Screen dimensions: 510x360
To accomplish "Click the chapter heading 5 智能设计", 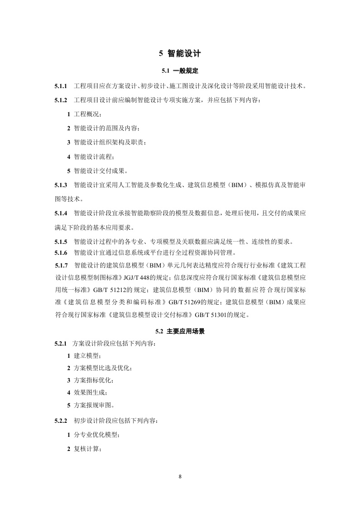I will point(180,54).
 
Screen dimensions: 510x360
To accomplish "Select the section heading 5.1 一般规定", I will point(180,71).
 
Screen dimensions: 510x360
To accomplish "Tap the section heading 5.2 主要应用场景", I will point(180,332).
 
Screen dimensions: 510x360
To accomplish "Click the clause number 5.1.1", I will point(60,86).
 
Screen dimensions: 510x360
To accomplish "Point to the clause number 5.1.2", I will point(60,100).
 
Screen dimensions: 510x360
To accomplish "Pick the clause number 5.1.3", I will point(60,185).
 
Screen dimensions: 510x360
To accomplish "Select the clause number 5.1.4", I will point(60,213).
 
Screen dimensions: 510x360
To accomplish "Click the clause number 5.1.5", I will point(60,242).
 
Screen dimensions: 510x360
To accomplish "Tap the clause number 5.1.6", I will point(60,253).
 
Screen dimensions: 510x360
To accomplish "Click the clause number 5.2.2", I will point(60,421).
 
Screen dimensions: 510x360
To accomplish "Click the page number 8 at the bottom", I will point(180,477).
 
